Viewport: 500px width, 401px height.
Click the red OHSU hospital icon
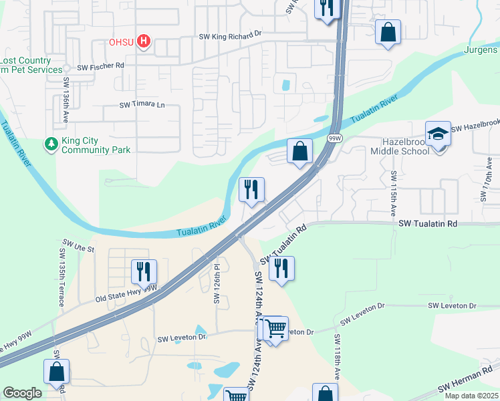[143, 41]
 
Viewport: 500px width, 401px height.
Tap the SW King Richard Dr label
[228, 37]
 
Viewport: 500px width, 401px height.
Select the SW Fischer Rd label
[101, 67]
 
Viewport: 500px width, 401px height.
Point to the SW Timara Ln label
[142, 105]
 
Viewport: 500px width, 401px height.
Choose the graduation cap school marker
[439, 134]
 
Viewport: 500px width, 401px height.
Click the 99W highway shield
[335, 138]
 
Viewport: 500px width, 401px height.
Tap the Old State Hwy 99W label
[126, 293]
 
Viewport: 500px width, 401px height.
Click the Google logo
[23, 392]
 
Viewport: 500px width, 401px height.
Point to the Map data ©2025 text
[471, 396]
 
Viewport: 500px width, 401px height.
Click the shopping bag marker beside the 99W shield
[300, 151]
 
